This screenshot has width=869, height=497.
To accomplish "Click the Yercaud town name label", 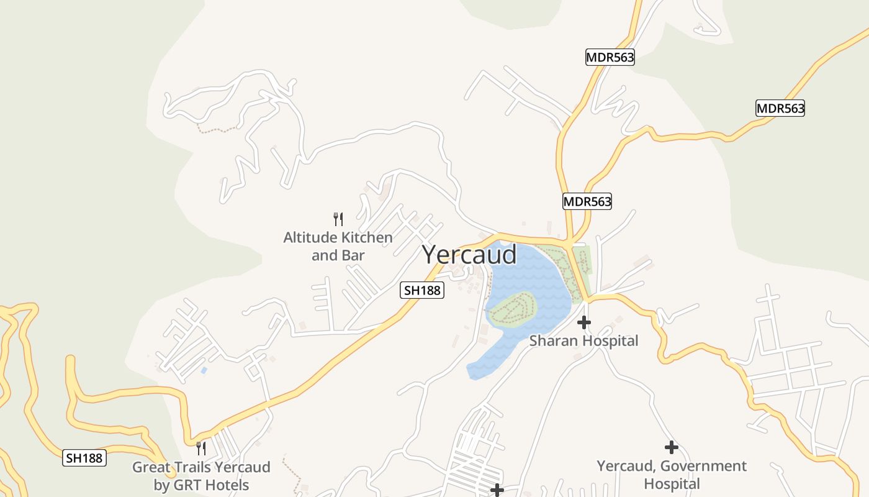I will tap(469, 255).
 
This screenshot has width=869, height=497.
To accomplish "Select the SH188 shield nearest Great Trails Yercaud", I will tap(85, 458).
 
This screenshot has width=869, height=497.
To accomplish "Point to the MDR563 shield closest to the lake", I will tap(587, 201).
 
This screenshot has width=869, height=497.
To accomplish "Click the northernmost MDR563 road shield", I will tap(610, 58).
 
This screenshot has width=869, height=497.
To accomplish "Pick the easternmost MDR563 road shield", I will tap(780, 108).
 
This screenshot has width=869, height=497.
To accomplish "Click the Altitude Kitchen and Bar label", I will tap(338, 246).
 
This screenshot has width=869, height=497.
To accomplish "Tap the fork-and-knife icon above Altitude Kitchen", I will tap(338, 219).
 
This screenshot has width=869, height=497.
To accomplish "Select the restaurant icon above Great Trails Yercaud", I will tap(200, 448).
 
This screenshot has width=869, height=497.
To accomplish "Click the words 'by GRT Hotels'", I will tap(201, 485).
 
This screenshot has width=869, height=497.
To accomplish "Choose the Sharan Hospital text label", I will tap(583, 341).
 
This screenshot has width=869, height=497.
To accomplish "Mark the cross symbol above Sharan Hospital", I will tap(583, 322).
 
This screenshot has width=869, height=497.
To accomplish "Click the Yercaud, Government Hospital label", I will tap(672, 475).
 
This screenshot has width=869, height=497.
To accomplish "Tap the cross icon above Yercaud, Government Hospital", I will tap(671, 447).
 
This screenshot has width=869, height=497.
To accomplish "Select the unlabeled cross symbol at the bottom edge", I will tap(497, 491).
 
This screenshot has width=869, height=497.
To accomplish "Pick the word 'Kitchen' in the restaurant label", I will tap(366, 237).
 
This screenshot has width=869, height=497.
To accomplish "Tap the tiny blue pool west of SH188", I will tap(204, 370).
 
